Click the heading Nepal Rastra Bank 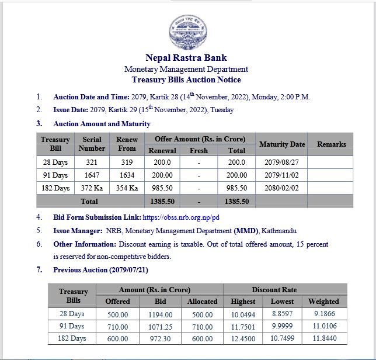186,58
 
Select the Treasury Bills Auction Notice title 186,80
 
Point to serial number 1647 92,175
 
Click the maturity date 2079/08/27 282,162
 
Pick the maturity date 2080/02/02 282,188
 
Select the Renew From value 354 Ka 127,188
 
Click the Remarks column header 331,144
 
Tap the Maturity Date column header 282,144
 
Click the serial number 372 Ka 92,188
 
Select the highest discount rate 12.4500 243,338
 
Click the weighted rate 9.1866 323,314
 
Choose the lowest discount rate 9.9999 283,326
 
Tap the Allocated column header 202,302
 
